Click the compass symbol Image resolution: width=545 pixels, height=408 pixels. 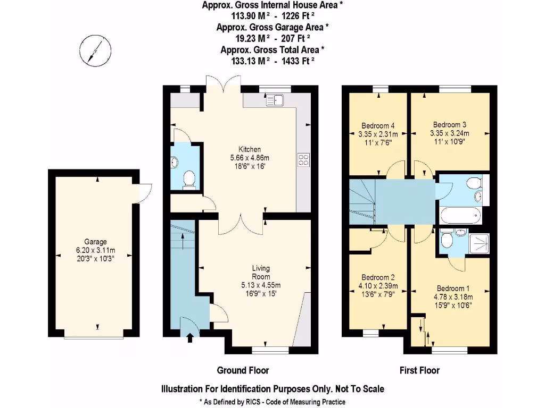click(x=95, y=51)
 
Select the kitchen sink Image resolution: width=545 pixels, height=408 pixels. click(x=277, y=99)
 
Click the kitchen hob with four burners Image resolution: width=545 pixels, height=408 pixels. click(x=303, y=160)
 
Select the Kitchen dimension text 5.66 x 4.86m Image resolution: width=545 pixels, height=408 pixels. click(x=250, y=158)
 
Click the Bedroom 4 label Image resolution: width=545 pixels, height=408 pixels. click(x=376, y=126)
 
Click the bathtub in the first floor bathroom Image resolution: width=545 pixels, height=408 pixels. click(x=461, y=216)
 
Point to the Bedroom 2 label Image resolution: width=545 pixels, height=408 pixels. click(x=378, y=277)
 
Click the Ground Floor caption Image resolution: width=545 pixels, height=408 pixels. click(x=243, y=370)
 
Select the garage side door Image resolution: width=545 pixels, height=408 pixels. click(x=143, y=188)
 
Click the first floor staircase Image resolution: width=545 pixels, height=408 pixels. click(x=362, y=202)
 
